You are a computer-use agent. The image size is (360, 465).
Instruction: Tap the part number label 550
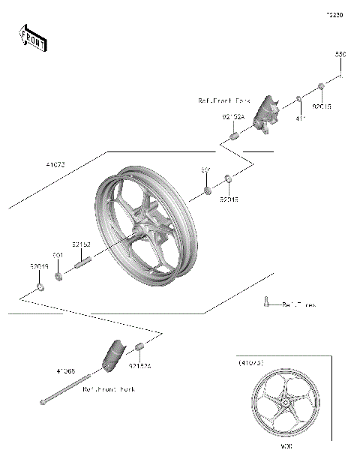pos(340,55)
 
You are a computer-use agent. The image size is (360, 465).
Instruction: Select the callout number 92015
pos(322,106)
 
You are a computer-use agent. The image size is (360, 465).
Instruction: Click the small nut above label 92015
pos(321,88)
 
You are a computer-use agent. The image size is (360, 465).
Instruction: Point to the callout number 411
pos(300,118)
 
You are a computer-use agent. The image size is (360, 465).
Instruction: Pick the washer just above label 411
pos(298,98)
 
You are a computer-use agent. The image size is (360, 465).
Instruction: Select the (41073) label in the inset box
pos(252,363)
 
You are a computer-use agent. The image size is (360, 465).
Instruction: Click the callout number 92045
pos(229,200)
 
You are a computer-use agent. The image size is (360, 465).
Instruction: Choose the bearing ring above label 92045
pos(228,179)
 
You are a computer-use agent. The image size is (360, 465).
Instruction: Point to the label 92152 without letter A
pos(82,244)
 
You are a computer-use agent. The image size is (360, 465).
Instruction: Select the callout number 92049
pos(39,266)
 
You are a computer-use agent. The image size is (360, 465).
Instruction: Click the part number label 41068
pos(66,370)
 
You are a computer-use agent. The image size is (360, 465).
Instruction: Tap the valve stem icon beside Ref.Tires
pos(266,302)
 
